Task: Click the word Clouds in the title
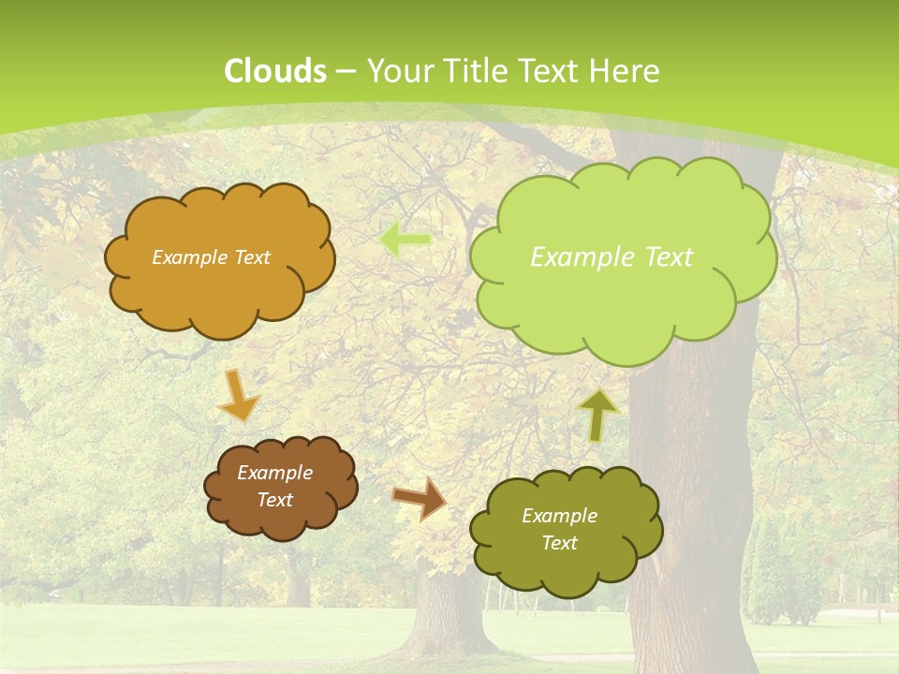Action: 275,71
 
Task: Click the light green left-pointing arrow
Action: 405,241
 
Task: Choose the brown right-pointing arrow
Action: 420,498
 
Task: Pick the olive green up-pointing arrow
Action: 598,415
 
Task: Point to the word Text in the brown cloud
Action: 275,500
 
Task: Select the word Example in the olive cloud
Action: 559,516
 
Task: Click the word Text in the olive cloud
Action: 559,543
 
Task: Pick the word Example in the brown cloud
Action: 275,473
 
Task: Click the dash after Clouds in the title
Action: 346,72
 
